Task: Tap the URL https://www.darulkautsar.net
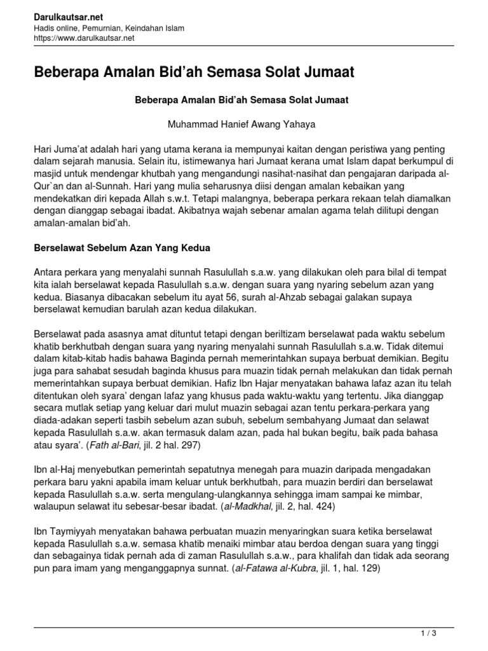click(84, 38)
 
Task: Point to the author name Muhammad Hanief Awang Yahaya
click(241, 124)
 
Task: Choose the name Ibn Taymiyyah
click(65, 530)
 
